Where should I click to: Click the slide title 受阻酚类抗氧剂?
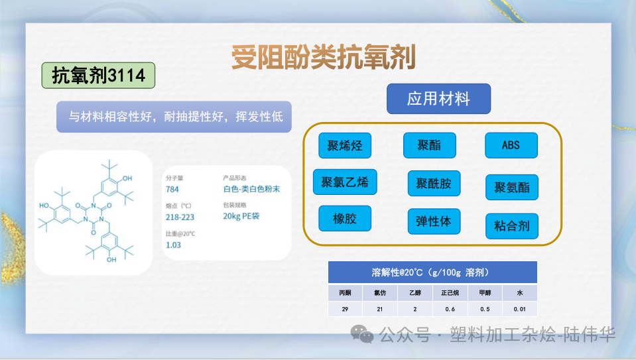323,58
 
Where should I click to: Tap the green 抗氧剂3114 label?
98,76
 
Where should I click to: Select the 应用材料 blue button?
438,99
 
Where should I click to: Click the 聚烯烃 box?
345,145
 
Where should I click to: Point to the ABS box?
511,145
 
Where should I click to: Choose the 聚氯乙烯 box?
345,182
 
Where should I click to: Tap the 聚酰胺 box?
434,183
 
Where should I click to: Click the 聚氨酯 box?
511,187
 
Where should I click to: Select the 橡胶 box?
345,218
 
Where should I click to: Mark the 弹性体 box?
433,221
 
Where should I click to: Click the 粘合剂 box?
511,226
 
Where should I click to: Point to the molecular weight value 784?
172,189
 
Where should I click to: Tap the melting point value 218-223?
180,217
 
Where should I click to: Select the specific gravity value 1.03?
173,245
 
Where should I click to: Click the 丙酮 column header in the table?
345,292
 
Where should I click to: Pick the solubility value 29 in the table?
345,308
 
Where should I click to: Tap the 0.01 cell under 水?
519,308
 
